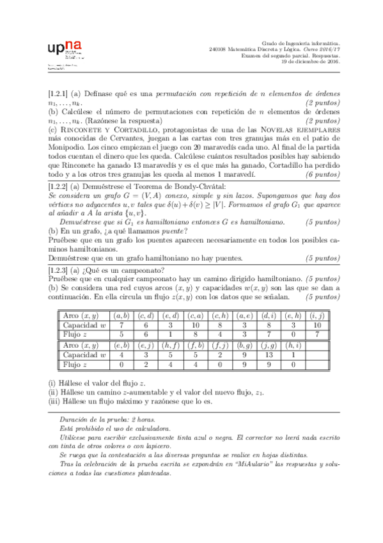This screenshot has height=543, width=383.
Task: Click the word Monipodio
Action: point(69,147)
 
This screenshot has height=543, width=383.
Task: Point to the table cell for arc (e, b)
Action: point(121,345)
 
